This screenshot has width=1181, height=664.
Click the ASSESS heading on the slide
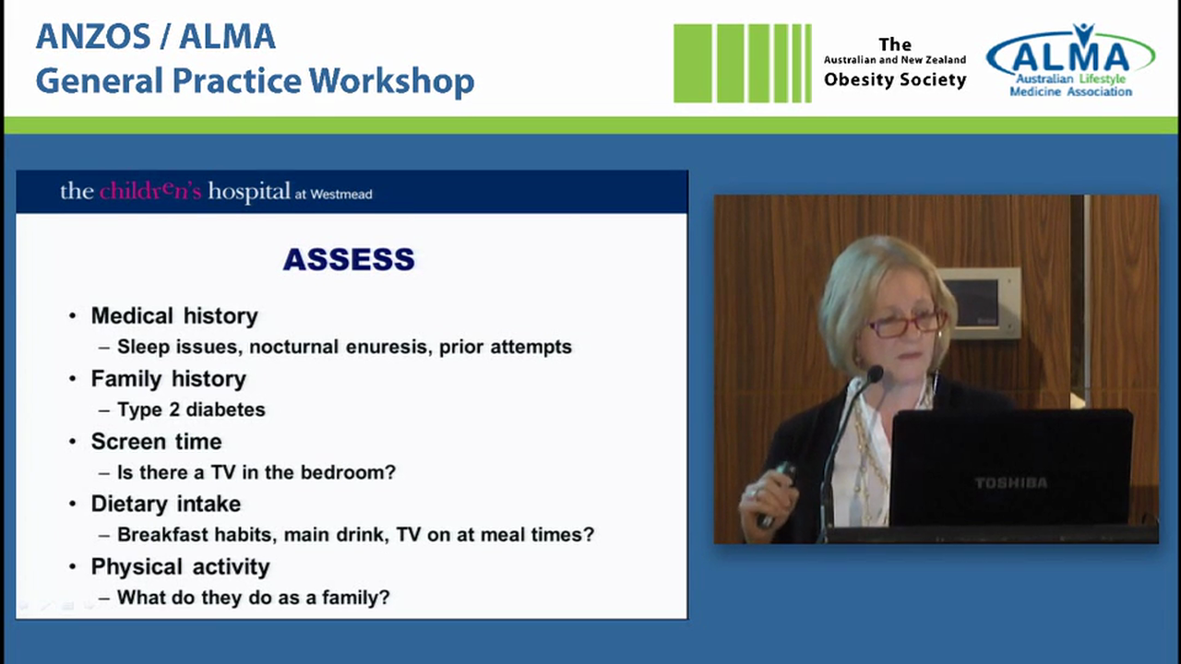(349, 260)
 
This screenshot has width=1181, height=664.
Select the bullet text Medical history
(174, 316)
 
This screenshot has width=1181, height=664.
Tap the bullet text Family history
(169, 379)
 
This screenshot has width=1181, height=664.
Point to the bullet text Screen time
(156, 442)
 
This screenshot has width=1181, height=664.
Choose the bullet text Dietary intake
(166, 504)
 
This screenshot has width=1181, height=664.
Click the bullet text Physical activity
(180, 567)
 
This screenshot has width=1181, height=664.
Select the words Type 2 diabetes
(191, 409)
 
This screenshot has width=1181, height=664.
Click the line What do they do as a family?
(254, 598)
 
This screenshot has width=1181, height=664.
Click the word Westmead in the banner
(340, 195)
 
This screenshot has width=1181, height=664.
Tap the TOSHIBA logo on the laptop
(1010, 482)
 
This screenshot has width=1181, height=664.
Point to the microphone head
(874, 373)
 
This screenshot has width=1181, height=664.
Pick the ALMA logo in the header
(1070, 61)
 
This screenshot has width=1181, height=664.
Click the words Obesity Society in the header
(894, 80)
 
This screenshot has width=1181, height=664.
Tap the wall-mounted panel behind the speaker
(980, 302)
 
